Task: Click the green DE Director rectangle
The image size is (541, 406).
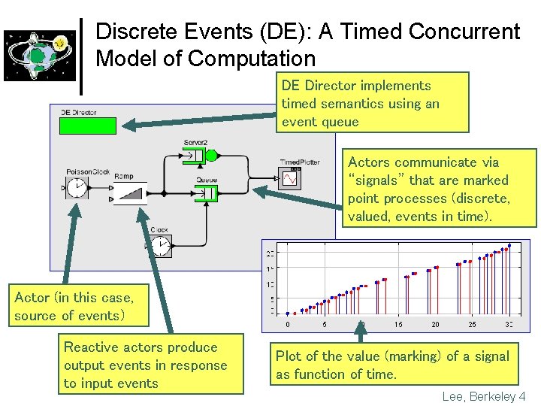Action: (x=88, y=126)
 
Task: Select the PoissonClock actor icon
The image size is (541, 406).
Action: (x=77, y=188)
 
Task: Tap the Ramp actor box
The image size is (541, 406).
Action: (x=129, y=193)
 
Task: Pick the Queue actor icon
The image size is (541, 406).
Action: (x=205, y=194)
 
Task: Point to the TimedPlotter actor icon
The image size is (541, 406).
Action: (x=290, y=177)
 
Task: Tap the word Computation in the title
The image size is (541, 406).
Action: (x=254, y=59)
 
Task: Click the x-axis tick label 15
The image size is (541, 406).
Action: (x=397, y=324)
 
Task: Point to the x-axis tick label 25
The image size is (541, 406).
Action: (x=472, y=324)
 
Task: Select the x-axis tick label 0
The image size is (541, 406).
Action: (x=288, y=324)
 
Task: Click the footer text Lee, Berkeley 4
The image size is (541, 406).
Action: (x=484, y=395)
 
